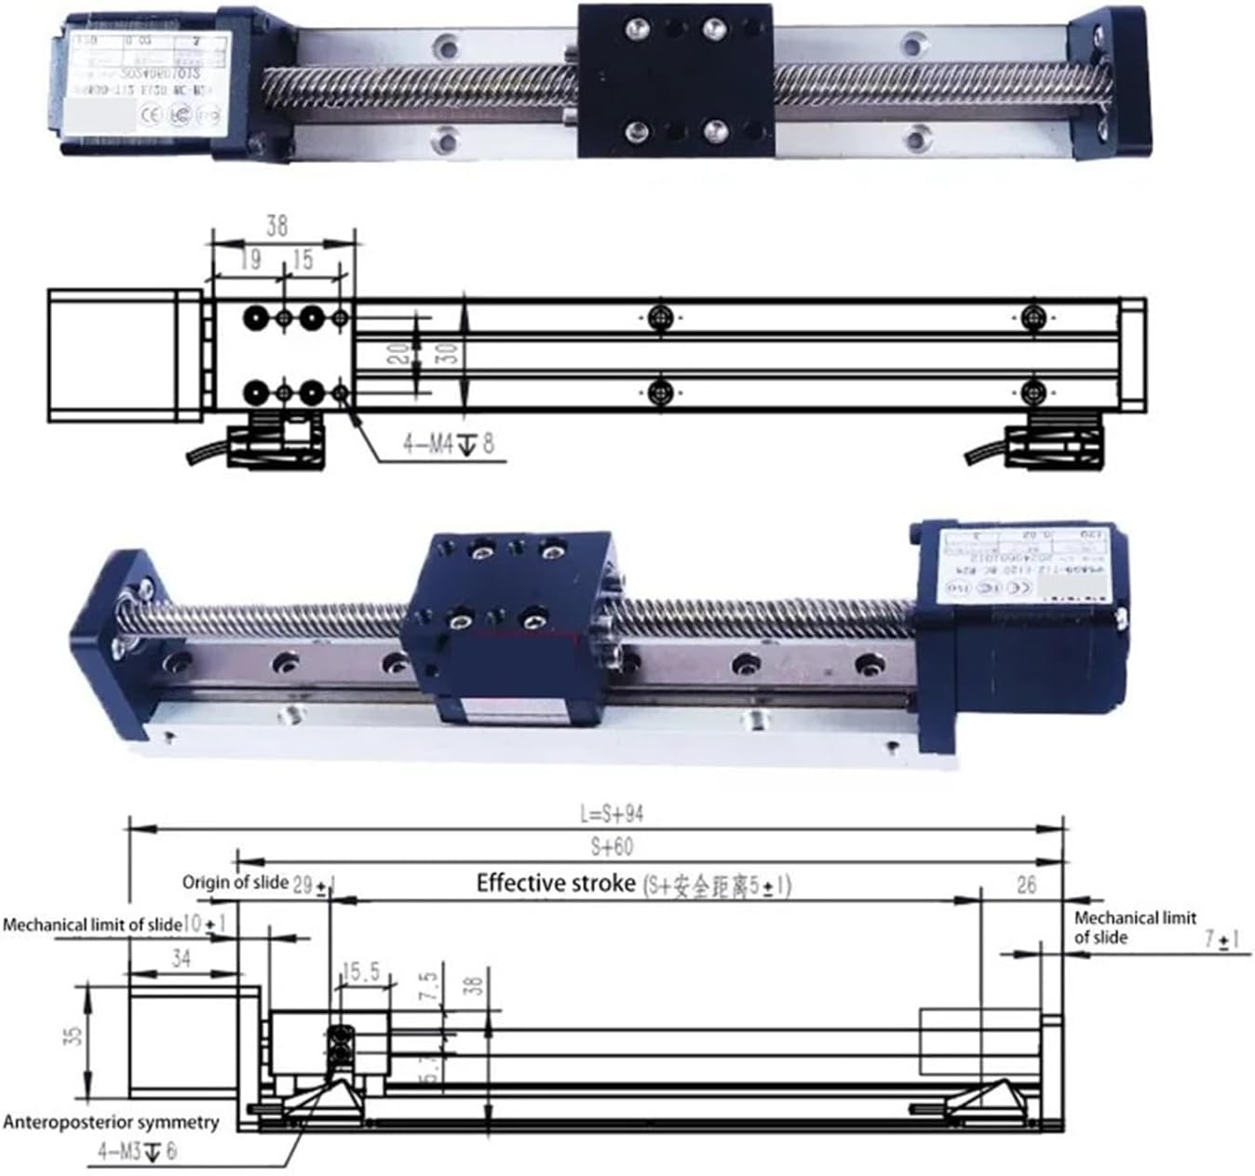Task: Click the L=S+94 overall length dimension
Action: click(x=611, y=814)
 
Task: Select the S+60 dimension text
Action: click(x=611, y=846)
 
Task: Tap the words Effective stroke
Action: click(x=556, y=883)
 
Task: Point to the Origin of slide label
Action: click(x=235, y=882)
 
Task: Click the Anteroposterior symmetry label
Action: click(x=111, y=1122)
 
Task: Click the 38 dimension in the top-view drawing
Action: click(x=277, y=226)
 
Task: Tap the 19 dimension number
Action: click(x=249, y=260)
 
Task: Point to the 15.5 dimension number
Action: click(x=360, y=973)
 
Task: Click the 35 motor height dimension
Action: click(x=74, y=1035)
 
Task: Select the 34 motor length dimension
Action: click(x=181, y=957)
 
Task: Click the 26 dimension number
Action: click(x=1025, y=885)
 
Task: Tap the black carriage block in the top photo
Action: click(x=675, y=80)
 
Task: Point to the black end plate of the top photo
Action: click(x=1110, y=83)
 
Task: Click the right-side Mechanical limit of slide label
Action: click(x=1134, y=927)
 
